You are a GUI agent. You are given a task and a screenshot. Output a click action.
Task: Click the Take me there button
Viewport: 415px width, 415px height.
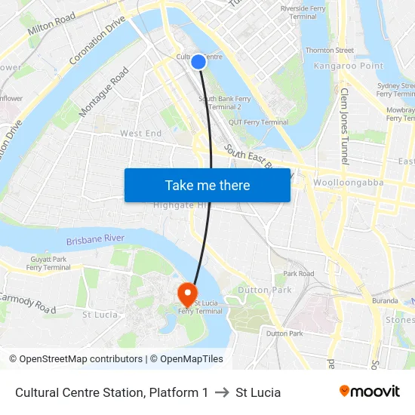[x=207, y=185]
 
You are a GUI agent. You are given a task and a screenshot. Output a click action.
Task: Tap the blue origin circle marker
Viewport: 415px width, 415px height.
[x=198, y=62]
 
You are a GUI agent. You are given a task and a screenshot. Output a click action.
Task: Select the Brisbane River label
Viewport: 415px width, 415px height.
[x=94, y=238]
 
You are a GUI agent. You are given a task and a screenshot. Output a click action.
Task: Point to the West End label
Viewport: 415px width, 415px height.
[x=140, y=134]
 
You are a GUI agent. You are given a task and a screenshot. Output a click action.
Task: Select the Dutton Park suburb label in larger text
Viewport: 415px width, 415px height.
[x=264, y=290]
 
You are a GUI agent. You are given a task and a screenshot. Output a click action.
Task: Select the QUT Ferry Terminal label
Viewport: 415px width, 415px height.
[x=259, y=122]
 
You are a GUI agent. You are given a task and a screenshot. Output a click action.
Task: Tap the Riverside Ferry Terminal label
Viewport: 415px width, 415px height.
[x=299, y=12]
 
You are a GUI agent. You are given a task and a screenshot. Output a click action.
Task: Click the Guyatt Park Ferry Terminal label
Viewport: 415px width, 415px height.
[x=48, y=263]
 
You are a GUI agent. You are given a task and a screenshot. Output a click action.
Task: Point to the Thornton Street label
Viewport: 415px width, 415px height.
[x=329, y=51]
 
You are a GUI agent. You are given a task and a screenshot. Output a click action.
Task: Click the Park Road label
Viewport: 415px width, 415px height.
[x=299, y=274]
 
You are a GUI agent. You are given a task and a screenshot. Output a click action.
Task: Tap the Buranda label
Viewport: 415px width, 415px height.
[x=384, y=300]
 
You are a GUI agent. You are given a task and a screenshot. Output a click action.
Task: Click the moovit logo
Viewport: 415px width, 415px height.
[x=369, y=392]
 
